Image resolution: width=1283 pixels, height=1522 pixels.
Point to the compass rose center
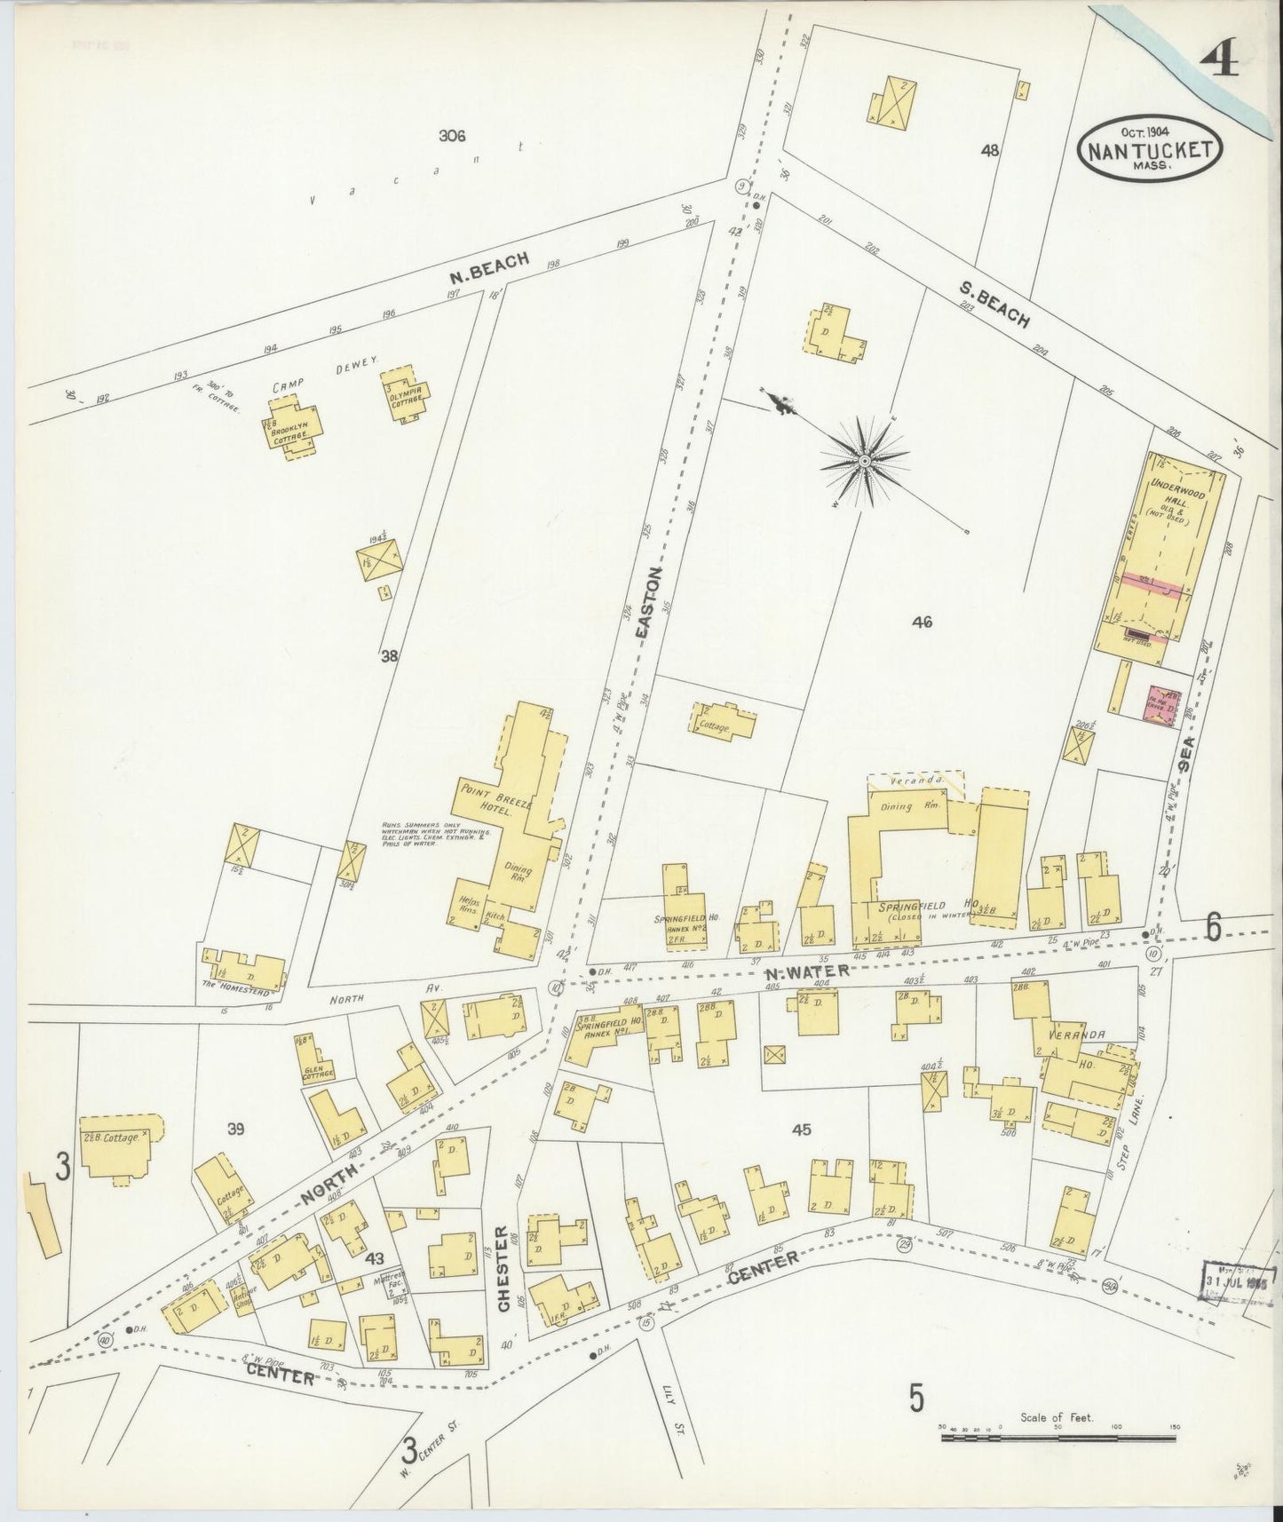[x=863, y=461]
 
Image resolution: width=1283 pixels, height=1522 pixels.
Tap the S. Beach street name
[x=994, y=304]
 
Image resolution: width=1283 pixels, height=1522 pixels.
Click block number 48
[x=990, y=150]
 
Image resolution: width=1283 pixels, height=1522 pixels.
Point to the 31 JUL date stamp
[x=1239, y=1281]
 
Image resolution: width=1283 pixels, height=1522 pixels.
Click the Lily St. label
[x=675, y=1401]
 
